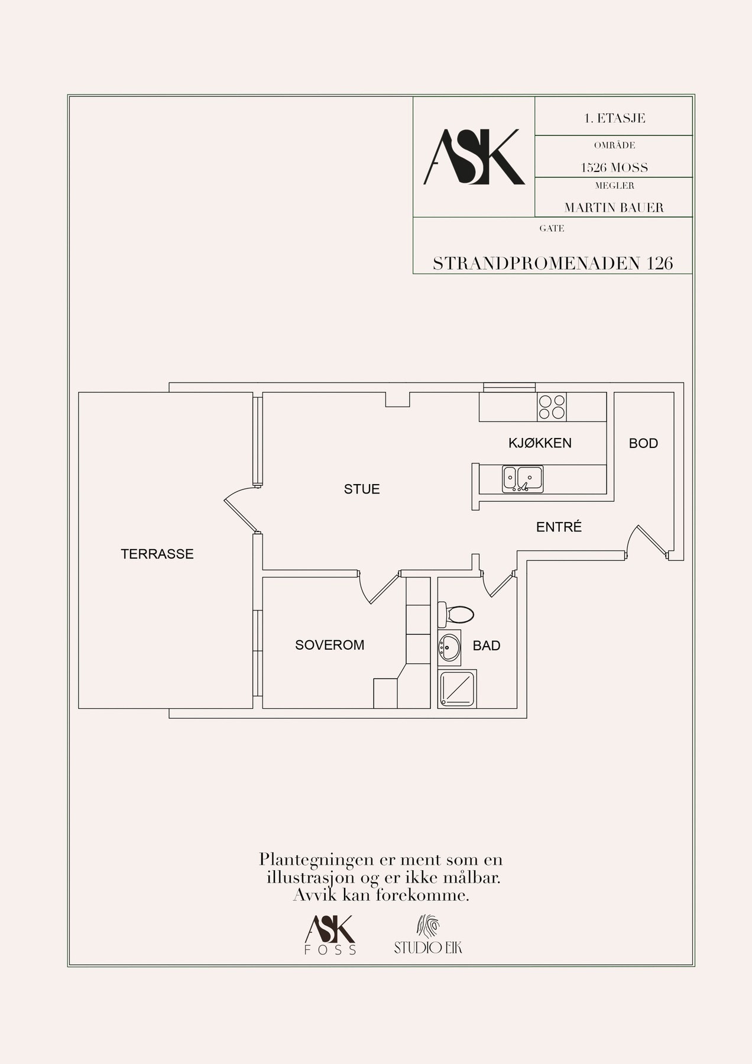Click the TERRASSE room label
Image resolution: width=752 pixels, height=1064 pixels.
[157, 554]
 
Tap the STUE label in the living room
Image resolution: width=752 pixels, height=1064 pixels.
[362, 489]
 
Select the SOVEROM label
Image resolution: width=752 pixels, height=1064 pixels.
[329, 645]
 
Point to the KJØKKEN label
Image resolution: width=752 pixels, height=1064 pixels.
[540, 443]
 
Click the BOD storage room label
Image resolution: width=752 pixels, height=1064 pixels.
[643, 443]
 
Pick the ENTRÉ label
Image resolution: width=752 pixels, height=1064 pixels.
[559, 527]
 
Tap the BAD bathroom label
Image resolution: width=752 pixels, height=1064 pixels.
[487, 645]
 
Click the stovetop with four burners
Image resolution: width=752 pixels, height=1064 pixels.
[552, 407]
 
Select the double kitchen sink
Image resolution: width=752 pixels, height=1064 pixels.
[523, 479]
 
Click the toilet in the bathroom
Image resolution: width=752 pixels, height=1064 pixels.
[455, 614]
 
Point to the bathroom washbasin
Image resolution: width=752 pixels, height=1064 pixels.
[449, 648]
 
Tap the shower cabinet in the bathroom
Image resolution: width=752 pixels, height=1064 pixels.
[459, 689]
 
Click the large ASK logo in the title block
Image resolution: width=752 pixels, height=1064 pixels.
[474, 157]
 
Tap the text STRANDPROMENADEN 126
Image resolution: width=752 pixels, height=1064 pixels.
[553, 264]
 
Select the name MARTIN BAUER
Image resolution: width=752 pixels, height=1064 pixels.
[614, 207]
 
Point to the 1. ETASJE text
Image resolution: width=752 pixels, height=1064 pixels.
[614, 118]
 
